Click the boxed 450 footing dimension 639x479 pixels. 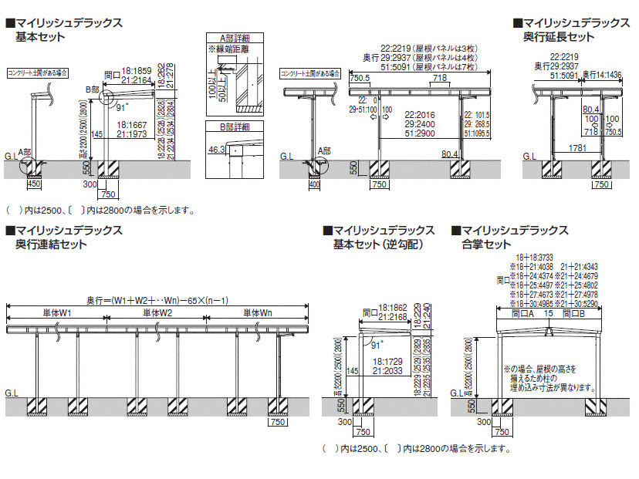[x=34, y=184]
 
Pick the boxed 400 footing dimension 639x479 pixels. [x=314, y=185]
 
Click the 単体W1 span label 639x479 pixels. [x=56, y=313]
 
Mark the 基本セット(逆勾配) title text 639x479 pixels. [x=368, y=245]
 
